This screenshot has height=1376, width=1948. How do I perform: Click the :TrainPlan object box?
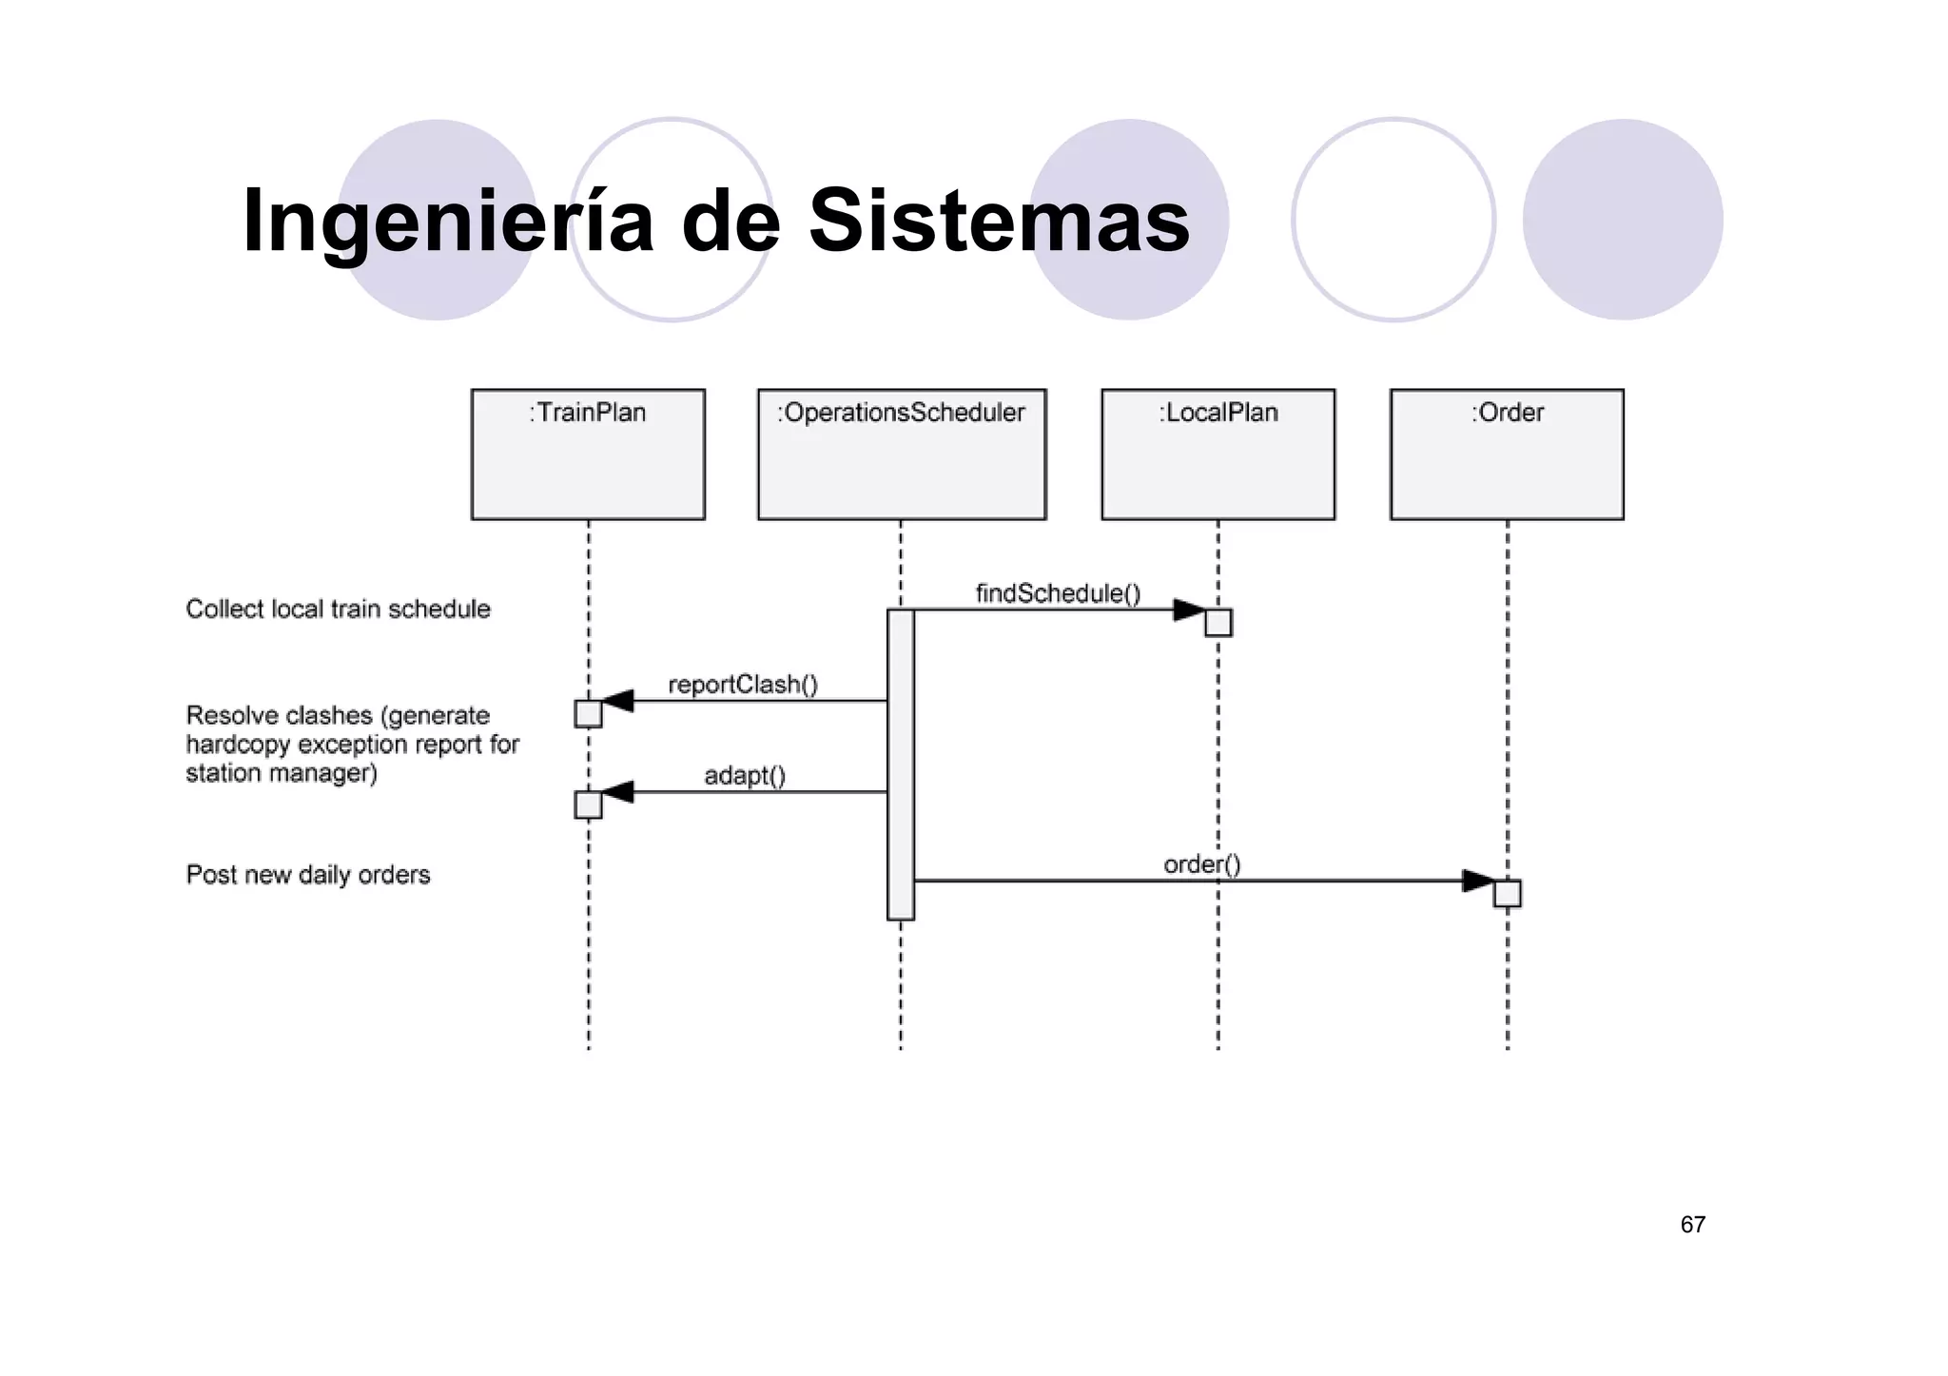[588, 454]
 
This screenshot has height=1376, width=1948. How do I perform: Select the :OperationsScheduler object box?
[902, 454]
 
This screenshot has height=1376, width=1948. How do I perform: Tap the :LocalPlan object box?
[1217, 454]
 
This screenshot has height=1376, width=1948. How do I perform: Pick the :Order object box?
[1507, 454]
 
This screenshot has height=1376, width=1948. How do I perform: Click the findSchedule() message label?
[1058, 593]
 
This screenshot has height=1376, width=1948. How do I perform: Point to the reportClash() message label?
[743, 685]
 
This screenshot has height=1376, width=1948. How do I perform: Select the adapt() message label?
[745, 776]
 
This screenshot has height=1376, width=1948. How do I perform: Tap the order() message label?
[1202, 864]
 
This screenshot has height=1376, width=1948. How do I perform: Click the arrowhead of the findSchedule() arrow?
[1189, 610]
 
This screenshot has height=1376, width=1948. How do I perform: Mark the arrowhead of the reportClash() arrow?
[618, 701]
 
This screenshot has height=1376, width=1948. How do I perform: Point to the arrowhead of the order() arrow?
[1477, 881]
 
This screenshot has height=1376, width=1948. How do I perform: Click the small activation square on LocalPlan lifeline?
[1218, 623]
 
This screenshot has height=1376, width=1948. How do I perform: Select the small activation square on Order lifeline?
[1507, 894]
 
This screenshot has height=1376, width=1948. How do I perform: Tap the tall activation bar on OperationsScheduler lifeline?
[901, 765]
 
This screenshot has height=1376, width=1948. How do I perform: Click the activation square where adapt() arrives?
[589, 804]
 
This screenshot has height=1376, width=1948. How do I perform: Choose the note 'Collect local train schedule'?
[338, 609]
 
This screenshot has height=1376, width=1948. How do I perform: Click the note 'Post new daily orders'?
[307, 875]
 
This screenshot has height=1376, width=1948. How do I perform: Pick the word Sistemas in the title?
[999, 221]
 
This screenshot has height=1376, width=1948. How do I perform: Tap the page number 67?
[1692, 1225]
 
